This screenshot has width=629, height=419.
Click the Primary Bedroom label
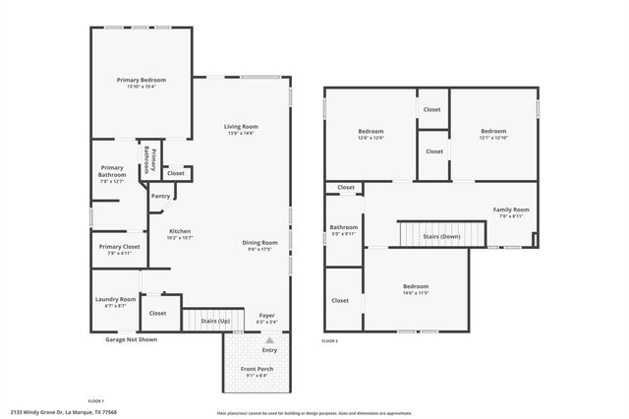pyautogui.click(x=142, y=80)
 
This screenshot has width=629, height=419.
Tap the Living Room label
pyautogui.click(x=241, y=126)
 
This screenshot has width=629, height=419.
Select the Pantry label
pyautogui.click(x=160, y=196)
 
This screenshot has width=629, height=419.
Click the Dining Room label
pyautogui.click(x=261, y=242)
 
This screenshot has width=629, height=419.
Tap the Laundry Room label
pyautogui.click(x=115, y=299)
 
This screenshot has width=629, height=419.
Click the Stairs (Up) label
pyautogui.click(x=215, y=321)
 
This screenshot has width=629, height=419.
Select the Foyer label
pyautogui.click(x=267, y=315)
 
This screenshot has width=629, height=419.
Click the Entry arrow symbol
pyautogui.click(x=270, y=339)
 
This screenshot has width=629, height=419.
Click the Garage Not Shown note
pyautogui.click(x=131, y=339)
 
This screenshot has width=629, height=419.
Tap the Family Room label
pyautogui.click(x=511, y=209)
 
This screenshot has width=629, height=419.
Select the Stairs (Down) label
pyautogui.click(x=441, y=236)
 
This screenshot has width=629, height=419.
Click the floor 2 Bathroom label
pyautogui.click(x=344, y=227)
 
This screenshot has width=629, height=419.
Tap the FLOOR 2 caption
pyautogui.click(x=330, y=340)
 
